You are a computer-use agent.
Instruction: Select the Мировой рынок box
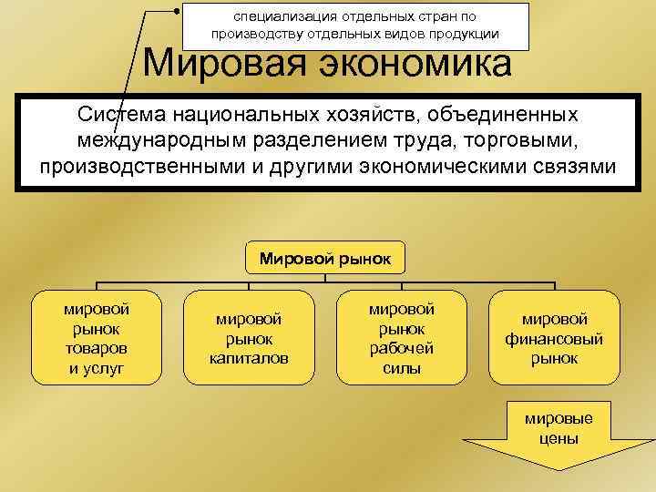(325, 259)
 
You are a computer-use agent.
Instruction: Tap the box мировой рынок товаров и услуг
(96, 338)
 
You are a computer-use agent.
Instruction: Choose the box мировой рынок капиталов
(249, 338)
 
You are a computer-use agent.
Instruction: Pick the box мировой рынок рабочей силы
(402, 338)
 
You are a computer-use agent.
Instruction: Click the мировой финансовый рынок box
(554, 338)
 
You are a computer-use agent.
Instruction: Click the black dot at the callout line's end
(176, 11)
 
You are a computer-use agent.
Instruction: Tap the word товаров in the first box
(96, 348)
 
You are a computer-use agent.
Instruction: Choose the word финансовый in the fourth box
(554, 338)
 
